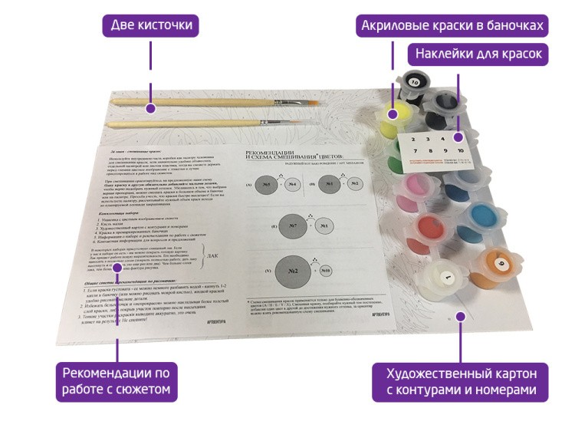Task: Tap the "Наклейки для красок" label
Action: [x=478, y=54]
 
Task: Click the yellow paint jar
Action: [x=396, y=116]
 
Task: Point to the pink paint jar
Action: [x=408, y=189]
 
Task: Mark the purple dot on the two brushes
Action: [x=151, y=108]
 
